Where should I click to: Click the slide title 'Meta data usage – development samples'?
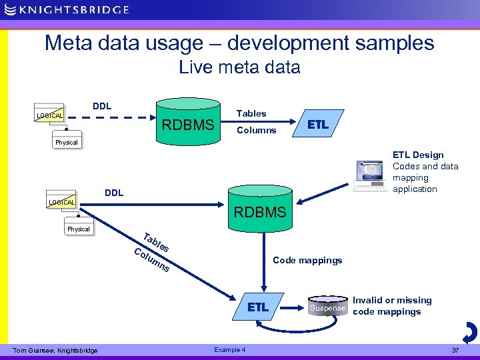tap(239, 43)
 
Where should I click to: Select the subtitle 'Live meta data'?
tap(239, 67)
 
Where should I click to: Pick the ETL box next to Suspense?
tap(258, 307)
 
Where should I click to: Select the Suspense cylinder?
tap(327, 307)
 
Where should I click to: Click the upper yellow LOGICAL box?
tap(50, 115)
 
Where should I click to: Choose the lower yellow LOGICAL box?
tap(61, 202)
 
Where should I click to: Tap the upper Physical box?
tap(67, 142)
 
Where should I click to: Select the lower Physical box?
tap(78, 229)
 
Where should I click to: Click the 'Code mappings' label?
tap(307, 260)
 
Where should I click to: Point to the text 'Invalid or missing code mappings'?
tap(391, 306)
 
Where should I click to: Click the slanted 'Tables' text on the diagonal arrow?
tap(156, 242)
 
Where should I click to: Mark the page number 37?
tap(455, 350)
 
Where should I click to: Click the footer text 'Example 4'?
tap(229, 350)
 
